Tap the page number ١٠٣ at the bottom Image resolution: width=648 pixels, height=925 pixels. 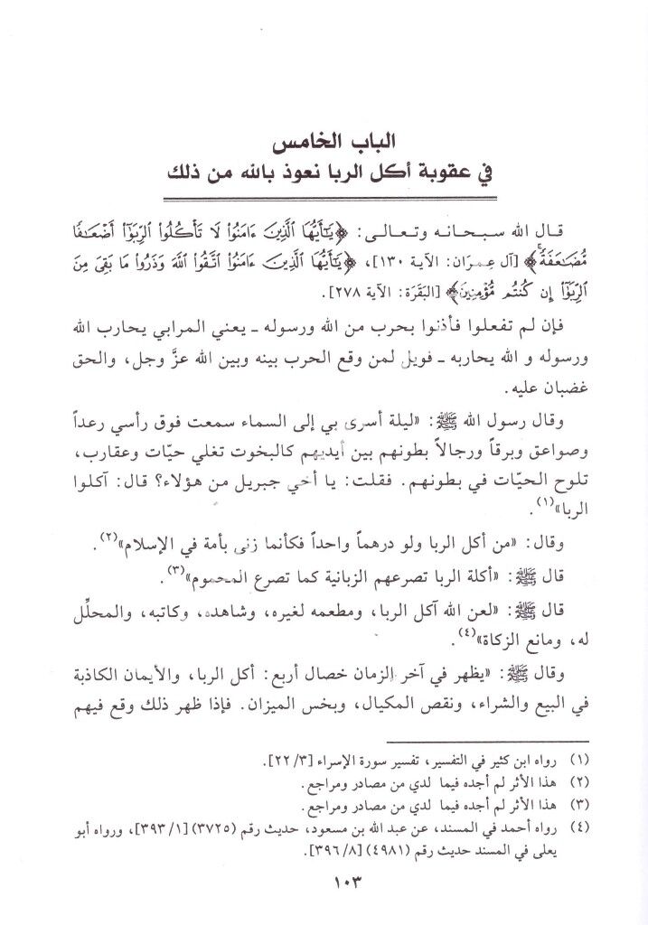[x=324, y=881]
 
